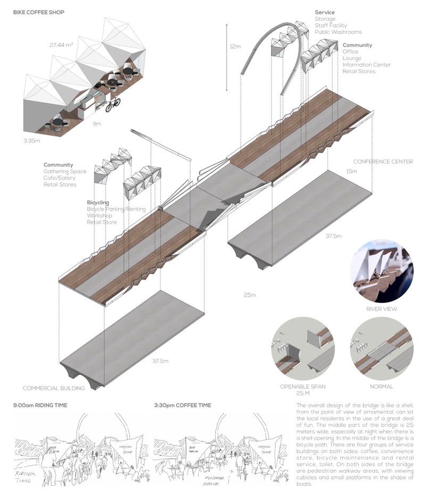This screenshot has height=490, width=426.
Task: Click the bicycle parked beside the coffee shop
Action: click(113, 105)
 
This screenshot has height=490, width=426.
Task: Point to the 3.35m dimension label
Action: click(32, 140)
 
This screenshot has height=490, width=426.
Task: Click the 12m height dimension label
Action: click(235, 46)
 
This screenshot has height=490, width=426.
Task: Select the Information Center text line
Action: click(366, 65)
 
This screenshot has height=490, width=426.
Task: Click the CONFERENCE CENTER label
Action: click(382, 162)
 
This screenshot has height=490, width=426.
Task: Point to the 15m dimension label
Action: click(351, 171)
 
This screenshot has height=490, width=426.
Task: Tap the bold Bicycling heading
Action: click(98, 203)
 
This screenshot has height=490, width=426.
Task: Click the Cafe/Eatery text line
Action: click(60, 178)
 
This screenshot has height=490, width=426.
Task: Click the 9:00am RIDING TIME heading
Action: click(40, 405)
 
